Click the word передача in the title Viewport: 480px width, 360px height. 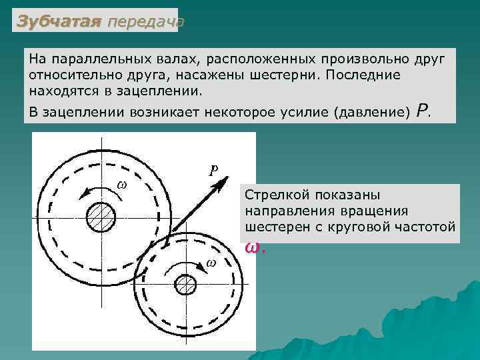(x=145, y=21)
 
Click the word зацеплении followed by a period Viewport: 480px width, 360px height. (x=167, y=90)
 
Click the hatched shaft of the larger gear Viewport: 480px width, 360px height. (x=101, y=217)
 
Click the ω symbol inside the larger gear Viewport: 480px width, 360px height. (x=121, y=183)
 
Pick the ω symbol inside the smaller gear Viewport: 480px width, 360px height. (x=211, y=262)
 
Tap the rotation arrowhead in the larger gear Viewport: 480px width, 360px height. (x=83, y=194)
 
